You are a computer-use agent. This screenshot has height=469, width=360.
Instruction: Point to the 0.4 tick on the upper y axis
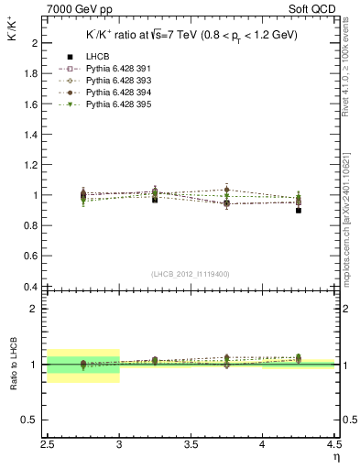click(30, 287)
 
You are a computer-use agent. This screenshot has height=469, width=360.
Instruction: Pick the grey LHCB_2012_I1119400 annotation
click(191, 274)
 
